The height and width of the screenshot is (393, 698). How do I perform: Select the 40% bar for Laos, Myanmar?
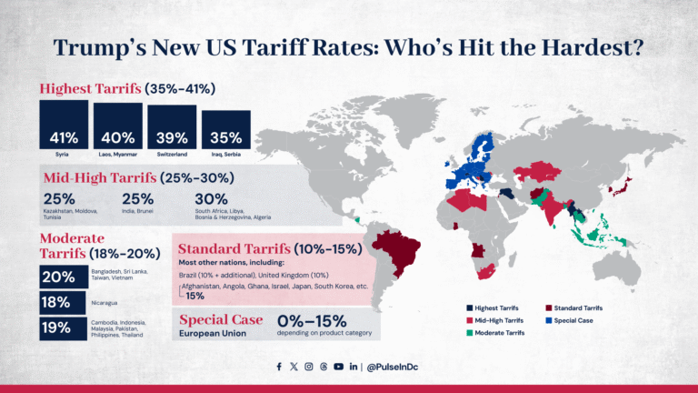118,127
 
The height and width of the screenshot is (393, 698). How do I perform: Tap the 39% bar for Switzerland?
172,128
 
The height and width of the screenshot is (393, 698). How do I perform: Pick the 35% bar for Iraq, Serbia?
226,132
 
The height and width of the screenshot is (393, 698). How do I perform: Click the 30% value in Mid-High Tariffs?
211,198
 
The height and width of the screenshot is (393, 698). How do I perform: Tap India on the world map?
552,206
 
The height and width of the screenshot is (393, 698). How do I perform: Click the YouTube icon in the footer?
338,367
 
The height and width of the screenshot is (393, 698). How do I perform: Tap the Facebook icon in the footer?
279,367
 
